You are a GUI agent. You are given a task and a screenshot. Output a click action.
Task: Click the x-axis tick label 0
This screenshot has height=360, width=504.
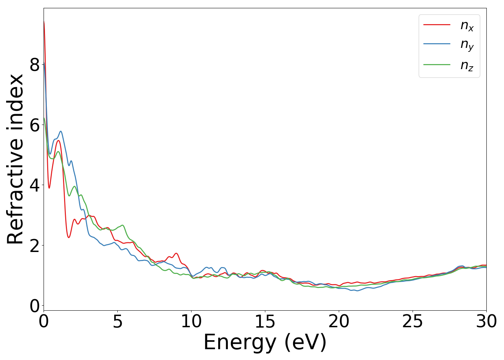click(44, 321)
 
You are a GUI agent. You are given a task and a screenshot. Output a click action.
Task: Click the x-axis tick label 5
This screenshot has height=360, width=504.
click(117, 321)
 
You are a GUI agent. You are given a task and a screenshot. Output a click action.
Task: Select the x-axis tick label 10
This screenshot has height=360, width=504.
click(191, 321)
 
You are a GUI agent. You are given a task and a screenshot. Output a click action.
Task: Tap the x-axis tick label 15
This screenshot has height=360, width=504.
click(265, 321)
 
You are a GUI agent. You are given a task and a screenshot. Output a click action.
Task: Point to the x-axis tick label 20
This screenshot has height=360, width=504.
click(339, 321)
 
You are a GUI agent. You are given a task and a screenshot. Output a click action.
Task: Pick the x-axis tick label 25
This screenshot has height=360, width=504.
click(413, 321)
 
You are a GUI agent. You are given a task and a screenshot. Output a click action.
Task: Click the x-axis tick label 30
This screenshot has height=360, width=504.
click(486, 321)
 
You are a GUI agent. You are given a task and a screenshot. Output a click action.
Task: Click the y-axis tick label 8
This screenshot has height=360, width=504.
click(35, 65)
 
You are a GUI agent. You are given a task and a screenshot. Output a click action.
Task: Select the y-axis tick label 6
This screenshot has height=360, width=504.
click(35, 125)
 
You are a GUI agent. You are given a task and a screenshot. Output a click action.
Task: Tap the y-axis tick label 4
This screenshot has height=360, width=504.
click(35, 185)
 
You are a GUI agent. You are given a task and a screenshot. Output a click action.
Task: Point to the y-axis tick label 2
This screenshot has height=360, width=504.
click(35, 245)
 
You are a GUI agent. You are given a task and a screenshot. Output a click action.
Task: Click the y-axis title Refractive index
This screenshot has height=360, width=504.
click(15, 159)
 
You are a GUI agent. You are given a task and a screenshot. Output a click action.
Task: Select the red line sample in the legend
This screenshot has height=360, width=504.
click(437, 24)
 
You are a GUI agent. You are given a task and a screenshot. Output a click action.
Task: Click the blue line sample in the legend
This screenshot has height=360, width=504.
click(437, 44)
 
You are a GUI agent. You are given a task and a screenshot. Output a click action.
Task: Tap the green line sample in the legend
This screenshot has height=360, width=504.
click(437, 65)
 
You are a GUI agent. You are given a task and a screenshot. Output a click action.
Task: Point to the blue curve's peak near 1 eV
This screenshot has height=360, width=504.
click(61, 131)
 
